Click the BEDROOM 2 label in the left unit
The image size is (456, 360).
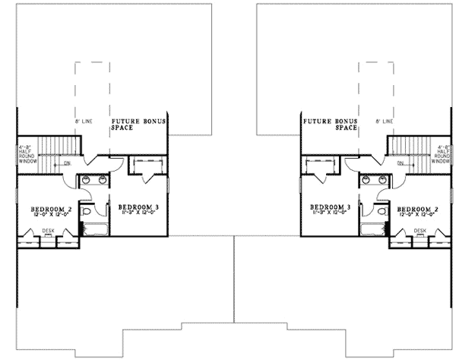52,209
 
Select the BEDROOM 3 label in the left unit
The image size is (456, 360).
138,207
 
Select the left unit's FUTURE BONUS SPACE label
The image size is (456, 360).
140,125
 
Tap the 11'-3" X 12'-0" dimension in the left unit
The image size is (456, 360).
138,213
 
